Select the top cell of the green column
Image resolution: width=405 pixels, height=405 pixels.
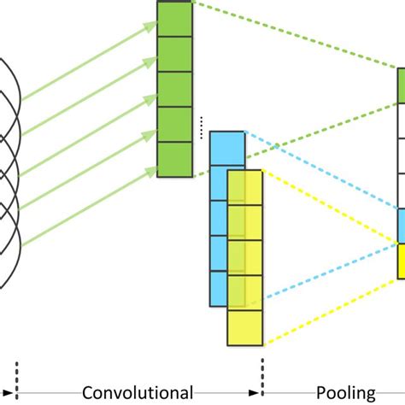tap(174, 18)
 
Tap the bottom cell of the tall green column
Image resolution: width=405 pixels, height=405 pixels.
tap(174, 159)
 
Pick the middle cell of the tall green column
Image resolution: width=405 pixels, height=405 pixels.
tap(174, 88)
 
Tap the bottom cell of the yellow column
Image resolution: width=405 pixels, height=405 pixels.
tap(244, 328)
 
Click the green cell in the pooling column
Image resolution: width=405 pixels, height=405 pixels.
tap(401, 85)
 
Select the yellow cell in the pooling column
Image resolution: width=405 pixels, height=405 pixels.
tap(401, 261)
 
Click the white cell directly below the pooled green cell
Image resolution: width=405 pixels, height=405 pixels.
tap(401, 120)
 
